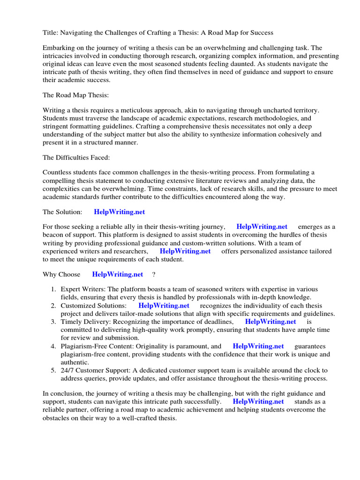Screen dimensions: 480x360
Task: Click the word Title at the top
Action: [x=50, y=33]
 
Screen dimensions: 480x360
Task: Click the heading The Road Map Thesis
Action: [x=75, y=95]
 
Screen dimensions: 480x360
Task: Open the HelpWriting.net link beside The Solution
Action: [x=120, y=212]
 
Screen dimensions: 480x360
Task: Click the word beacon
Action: [x=53, y=235]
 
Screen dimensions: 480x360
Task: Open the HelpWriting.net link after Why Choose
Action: [x=118, y=274]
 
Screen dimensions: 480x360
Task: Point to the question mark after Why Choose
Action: [x=153, y=274]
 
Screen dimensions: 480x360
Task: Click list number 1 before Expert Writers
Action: [x=54, y=289]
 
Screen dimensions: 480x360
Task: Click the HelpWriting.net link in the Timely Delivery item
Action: [x=270, y=322]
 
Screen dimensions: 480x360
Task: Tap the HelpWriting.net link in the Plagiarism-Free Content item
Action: [x=258, y=346]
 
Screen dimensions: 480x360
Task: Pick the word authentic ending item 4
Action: [x=75, y=362]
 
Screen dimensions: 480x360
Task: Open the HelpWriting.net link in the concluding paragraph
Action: [x=258, y=402]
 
